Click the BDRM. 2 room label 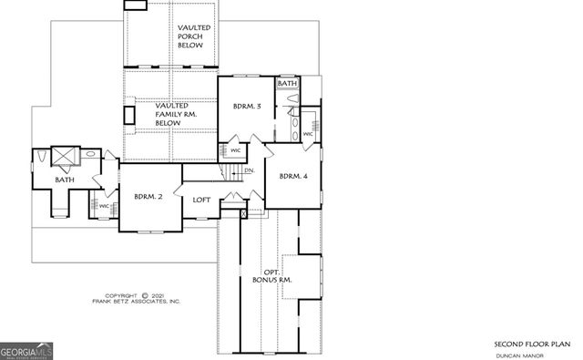[x=148, y=196]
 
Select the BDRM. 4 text [x=293, y=176]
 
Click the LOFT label [x=202, y=201]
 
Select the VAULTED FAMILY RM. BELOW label [x=170, y=114]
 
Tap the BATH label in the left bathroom [x=64, y=180]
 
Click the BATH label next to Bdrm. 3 [x=288, y=84]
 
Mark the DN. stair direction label [x=249, y=170]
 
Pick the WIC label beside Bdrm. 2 [x=104, y=206]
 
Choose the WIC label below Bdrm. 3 [x=234, y=150]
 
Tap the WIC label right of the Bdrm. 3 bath [x=309, y=135]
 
